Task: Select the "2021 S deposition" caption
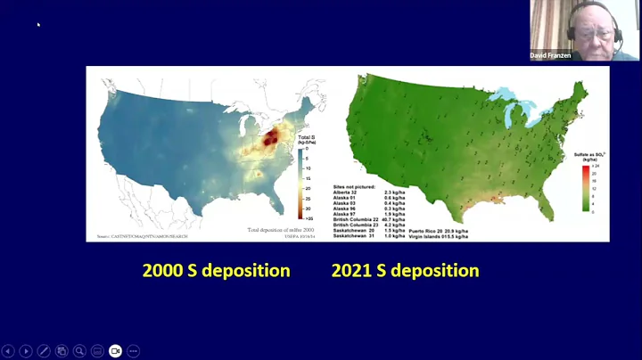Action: [x=406, y=270]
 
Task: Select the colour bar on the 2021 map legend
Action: [x=578, y=187]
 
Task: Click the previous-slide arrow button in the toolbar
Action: [x=9, y=351]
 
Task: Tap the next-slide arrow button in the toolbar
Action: [x=26, y=351]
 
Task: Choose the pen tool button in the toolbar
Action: [x=44, y=351]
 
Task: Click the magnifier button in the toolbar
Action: [x=79, y=351]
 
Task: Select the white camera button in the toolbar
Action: [x=115, y=351]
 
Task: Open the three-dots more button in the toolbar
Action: [x=133, y=351]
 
